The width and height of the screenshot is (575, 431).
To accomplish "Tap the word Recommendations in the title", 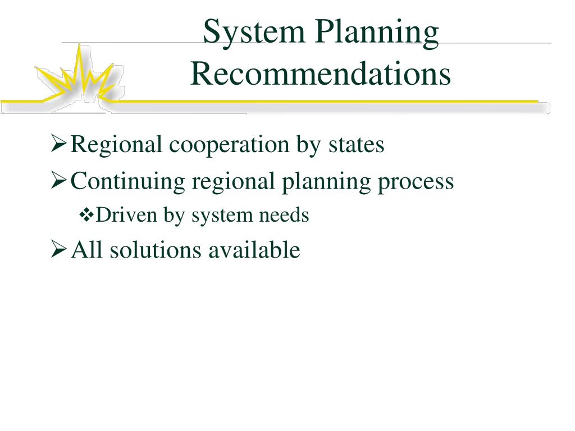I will point(320,74).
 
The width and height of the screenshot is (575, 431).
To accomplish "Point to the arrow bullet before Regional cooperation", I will point(58,145).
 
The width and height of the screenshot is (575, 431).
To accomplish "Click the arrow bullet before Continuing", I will point(58,181).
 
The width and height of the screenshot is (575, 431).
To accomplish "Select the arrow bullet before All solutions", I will point(58,249).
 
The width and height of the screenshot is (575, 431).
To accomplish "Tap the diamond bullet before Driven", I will point(86,215).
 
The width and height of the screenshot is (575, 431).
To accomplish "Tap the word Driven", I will point(126,215).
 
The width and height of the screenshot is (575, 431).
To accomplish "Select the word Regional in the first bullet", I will point(117,145).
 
